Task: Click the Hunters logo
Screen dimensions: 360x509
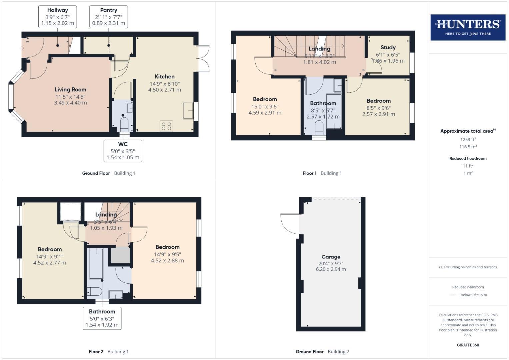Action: click(x=468, y=27)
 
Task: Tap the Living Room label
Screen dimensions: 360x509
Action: click(x=70, y=90)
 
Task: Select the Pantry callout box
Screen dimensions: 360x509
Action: click(x=109, y=17)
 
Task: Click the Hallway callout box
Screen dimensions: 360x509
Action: click(x=58, y=17)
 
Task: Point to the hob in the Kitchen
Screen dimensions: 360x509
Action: click(x=166, y=126)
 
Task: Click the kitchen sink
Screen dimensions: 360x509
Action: click(x=188, y=111)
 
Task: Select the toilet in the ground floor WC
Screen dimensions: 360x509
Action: click(x=123, y=125)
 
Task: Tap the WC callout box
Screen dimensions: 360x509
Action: click(x=123, y=151)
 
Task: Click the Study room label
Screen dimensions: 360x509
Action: click(x=388, y=48)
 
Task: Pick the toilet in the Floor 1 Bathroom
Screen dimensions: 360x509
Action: click(x=319, y=128)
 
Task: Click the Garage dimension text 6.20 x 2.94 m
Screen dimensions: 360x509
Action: click(x=331, y=269)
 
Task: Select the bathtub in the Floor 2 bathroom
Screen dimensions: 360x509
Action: click(x=96, y=263)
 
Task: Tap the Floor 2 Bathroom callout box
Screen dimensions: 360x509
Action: click(x=102, y=318)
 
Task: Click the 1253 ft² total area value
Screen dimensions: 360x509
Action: click(x=468, y=140)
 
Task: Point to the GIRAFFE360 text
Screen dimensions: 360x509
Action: click(x=468, y=345)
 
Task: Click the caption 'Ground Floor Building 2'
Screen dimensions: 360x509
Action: click(x=322, y=352)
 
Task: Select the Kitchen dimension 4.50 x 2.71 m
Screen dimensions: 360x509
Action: click(x=165, y=90)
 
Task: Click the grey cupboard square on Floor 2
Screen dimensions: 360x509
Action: click(x=120, y=255)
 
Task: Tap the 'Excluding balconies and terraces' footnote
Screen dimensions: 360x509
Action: click(x=468, y=267)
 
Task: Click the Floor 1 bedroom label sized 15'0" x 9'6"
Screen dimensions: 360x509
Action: click(x=265, y=99)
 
